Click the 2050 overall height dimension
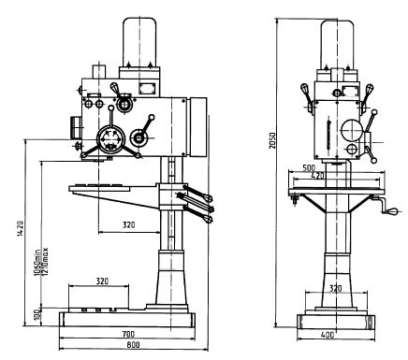[x=273, y=140]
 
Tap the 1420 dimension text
[x=20, y=229]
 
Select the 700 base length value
[x=128, y=335]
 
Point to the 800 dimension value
[x=134, y=345]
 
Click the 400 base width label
[x=328, y=335]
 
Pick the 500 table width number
[x=309, y=167]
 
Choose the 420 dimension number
[x=318, y=176]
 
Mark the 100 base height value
[x=37, y=315]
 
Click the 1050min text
[x=37, y=263]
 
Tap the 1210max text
[x=44, y=261]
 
